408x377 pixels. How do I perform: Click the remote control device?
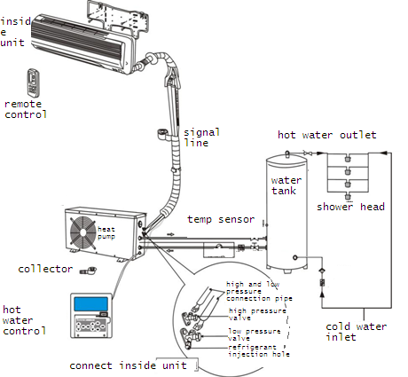pos(33,83)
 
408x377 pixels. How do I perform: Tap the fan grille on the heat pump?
pos(83,232)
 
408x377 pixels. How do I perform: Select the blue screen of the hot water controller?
pos(90,304)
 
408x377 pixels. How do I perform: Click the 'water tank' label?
pos(286,185)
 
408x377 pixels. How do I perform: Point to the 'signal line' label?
pos(201,137)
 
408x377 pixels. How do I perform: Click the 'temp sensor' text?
pos(221,219)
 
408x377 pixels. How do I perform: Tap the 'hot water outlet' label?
pos(326,135)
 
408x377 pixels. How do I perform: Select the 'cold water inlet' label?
pos(356,332)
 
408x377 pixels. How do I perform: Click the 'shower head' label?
pos(350,207)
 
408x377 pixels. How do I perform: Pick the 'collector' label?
pos(45,269)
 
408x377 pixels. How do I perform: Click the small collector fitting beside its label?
pos(89,270)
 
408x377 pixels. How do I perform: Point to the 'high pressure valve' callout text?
pos(257,314)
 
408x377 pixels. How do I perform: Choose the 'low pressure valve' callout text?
pos(255,334)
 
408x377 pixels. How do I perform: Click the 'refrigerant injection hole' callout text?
pos(259,350)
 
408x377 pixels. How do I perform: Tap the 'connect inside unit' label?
pos(128,365)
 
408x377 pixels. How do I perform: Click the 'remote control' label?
pos(26,109)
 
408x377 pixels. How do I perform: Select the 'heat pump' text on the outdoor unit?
pos(106,232)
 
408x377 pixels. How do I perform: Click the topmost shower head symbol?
pos(348,158)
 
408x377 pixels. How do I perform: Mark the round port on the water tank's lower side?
pos(295,257)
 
